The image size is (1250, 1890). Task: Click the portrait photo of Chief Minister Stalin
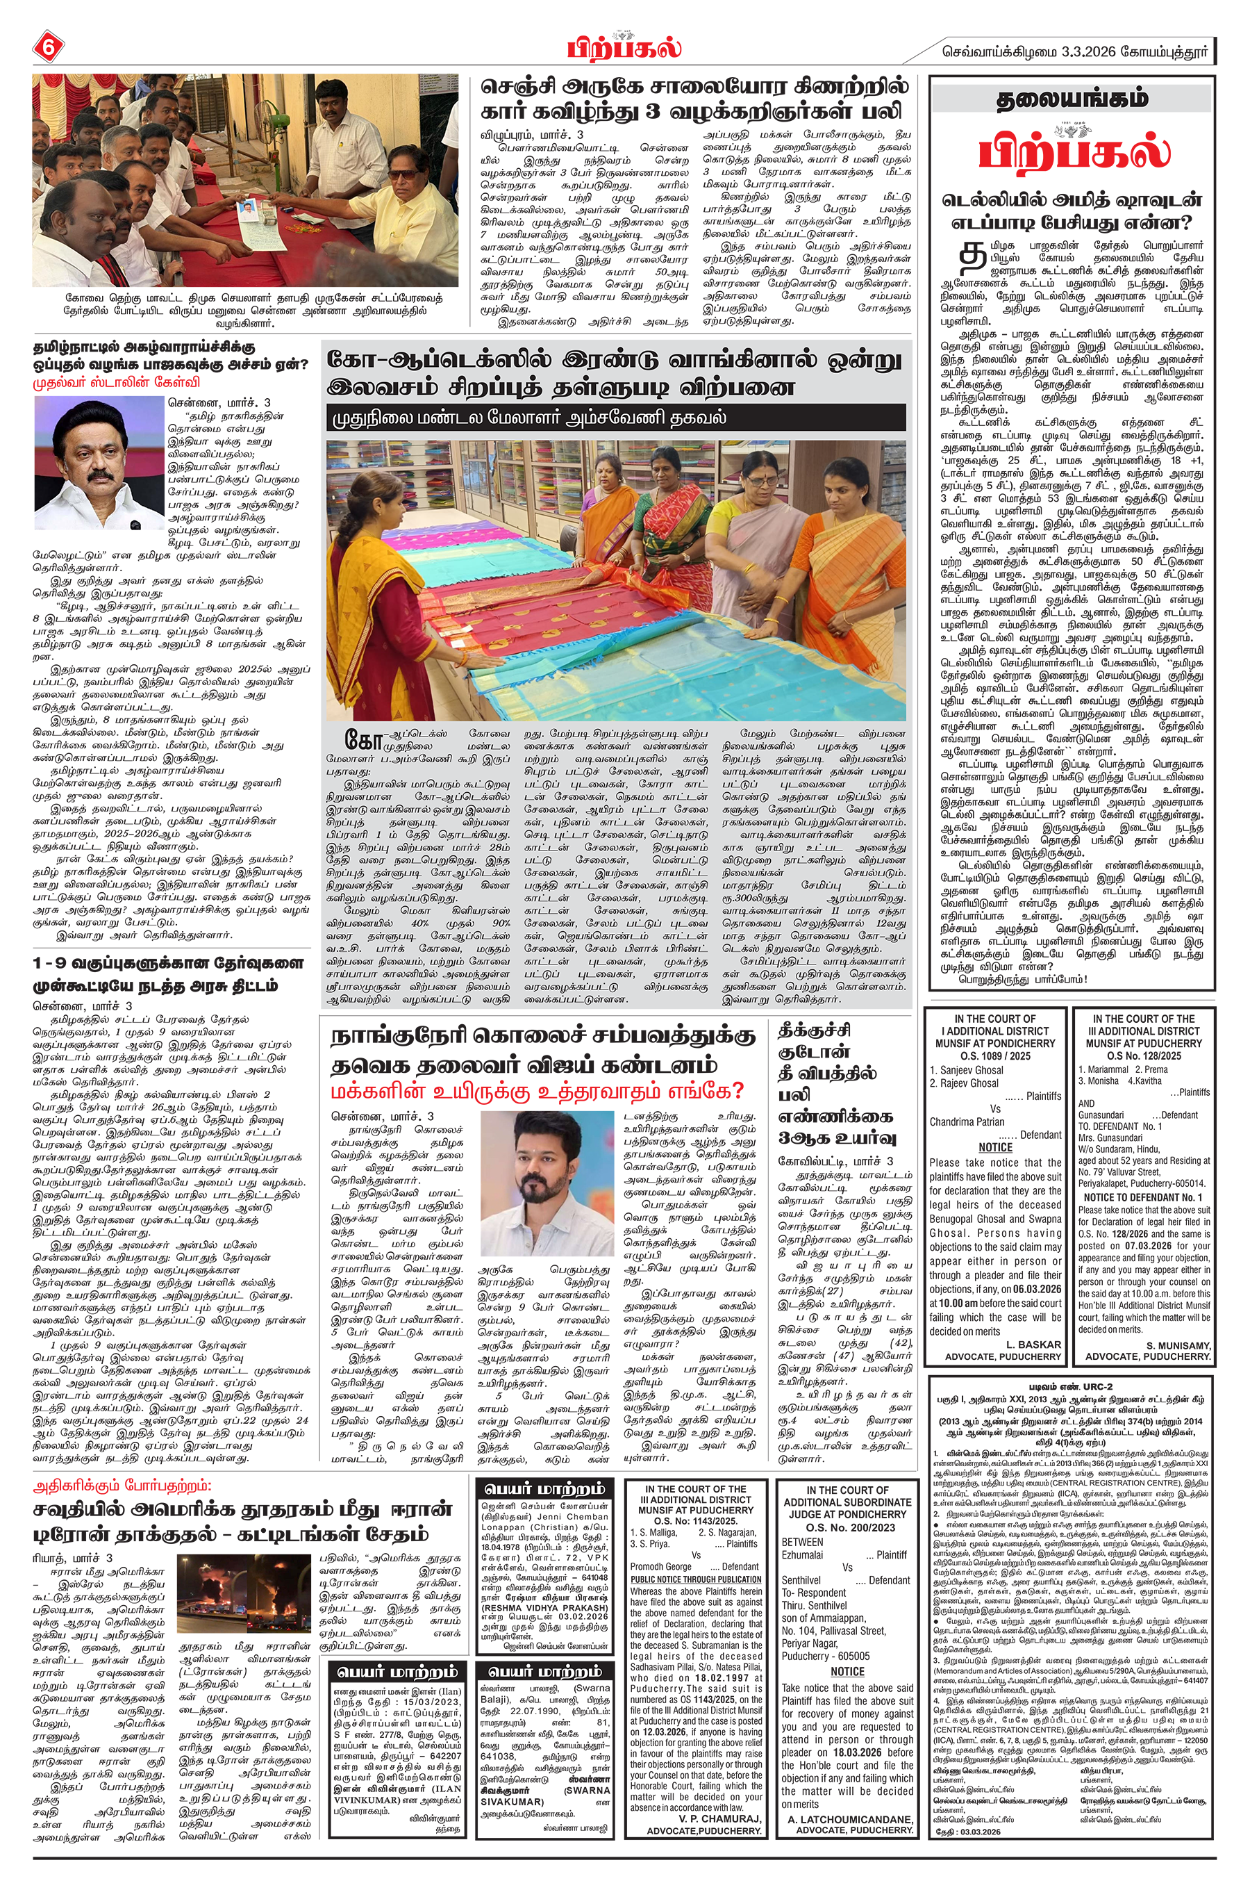99,463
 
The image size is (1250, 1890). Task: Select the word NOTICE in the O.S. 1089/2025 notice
995,1148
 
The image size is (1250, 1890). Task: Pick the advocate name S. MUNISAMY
1178,1345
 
